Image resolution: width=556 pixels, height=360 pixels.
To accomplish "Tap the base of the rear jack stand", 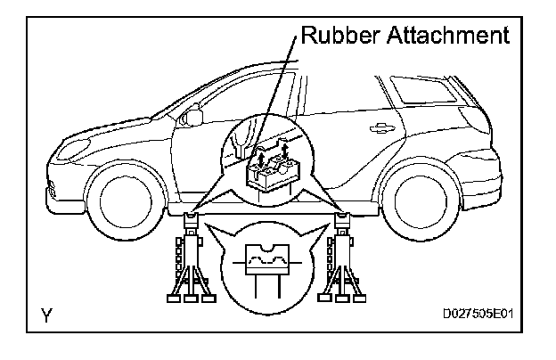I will tap(342, 297).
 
